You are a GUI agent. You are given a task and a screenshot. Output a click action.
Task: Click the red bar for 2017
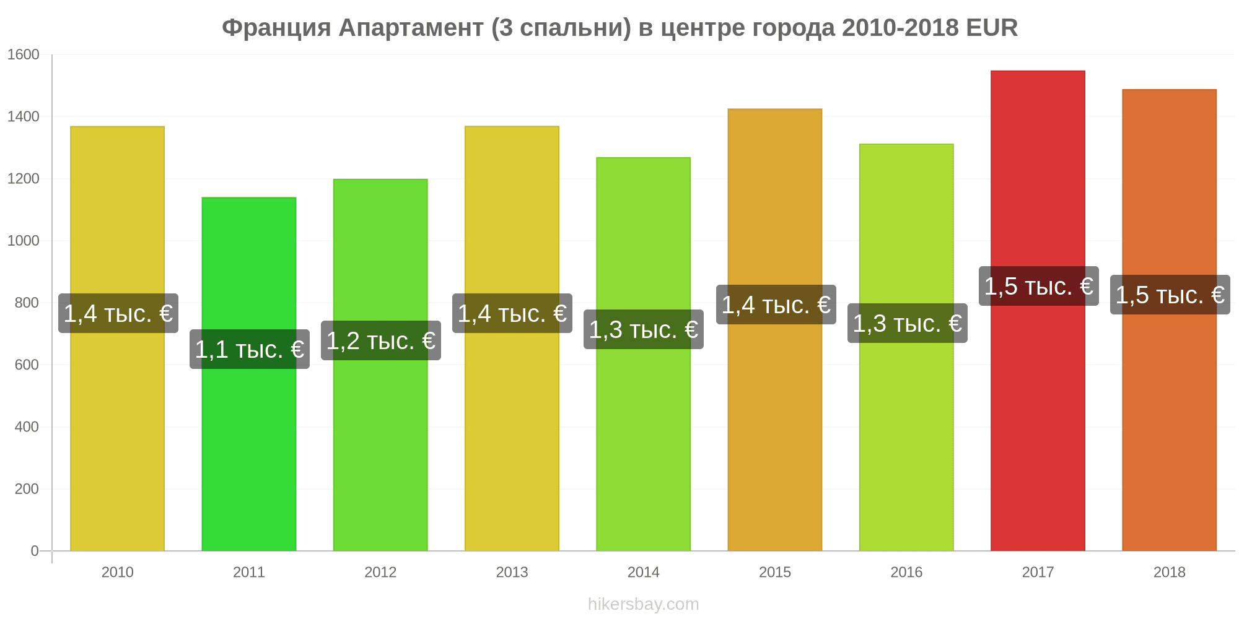tap(1038, 311)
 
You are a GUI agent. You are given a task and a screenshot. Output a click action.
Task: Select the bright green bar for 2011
tap(249, 374)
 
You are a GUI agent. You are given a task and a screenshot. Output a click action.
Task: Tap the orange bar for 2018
tap(1170, 320)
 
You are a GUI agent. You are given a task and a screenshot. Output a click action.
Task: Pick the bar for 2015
tap(775, 330)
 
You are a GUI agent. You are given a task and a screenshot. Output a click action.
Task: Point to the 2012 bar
tap(380, 365)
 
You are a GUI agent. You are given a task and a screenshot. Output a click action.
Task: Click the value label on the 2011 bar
tap(250, 349)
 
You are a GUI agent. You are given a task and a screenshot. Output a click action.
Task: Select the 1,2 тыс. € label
tap(381, 340)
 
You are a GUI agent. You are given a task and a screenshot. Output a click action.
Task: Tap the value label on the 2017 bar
tap(1039, 286)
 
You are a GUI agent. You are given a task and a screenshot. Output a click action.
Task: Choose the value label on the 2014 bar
tap(644, 329)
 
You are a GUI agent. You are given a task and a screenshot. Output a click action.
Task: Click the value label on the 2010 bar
tap(118, 313)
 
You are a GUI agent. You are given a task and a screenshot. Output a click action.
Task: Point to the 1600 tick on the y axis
tap(23, 54)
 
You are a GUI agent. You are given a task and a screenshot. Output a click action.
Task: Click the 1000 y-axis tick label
tap(23, 241)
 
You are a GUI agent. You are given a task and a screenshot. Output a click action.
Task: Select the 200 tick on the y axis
tap(27, 489)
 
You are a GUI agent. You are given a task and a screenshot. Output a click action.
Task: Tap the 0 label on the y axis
tap(35, 551)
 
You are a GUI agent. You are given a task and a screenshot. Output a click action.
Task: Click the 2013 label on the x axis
tap(512, 572)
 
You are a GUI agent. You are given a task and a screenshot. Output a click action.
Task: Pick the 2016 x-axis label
tap(906, 572)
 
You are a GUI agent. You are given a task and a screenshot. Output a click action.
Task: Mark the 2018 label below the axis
tap(1170, 572)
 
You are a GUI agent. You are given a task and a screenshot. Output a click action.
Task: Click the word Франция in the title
tap(276, 28)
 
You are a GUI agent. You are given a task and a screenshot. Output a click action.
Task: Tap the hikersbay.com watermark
tap(644, 604)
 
